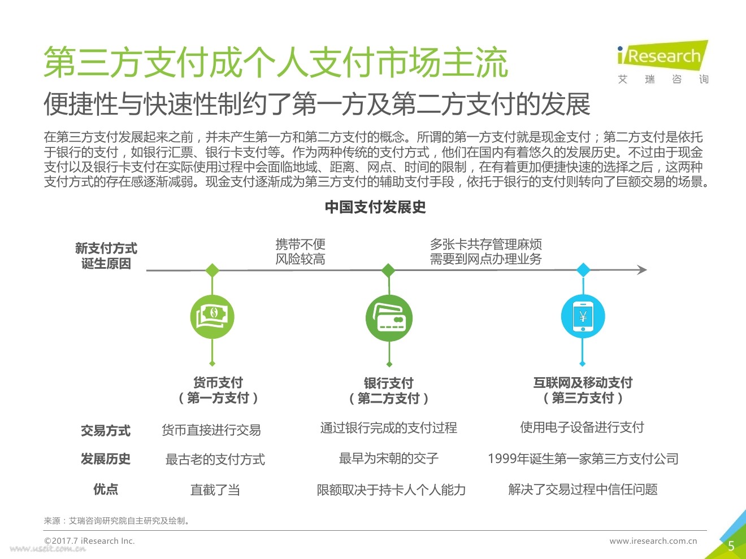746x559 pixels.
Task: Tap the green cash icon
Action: point(212,317)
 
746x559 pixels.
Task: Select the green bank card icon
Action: point(389,318)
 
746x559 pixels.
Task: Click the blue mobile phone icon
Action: point(583,317)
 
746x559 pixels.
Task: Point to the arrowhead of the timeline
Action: point(642,270)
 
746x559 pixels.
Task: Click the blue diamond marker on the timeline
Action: point(583,270)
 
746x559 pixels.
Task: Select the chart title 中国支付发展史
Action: point(375,207)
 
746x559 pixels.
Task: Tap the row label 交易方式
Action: point(106,431)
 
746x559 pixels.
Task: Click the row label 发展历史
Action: point(106,459)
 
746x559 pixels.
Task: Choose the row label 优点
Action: point(106,489)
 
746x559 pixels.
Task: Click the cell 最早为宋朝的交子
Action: point(389,458)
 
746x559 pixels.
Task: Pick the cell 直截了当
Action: point(215,490)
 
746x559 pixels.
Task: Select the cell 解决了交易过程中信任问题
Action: point(583,489)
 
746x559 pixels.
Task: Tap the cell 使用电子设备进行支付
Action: point(582,427)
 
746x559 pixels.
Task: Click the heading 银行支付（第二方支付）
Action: point(389,391)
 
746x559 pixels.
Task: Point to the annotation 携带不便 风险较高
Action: point(300,252)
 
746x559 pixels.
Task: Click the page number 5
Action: point(731,545)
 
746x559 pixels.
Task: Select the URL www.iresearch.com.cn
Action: point(653,541)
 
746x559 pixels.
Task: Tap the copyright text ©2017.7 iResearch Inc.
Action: point(89,541)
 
